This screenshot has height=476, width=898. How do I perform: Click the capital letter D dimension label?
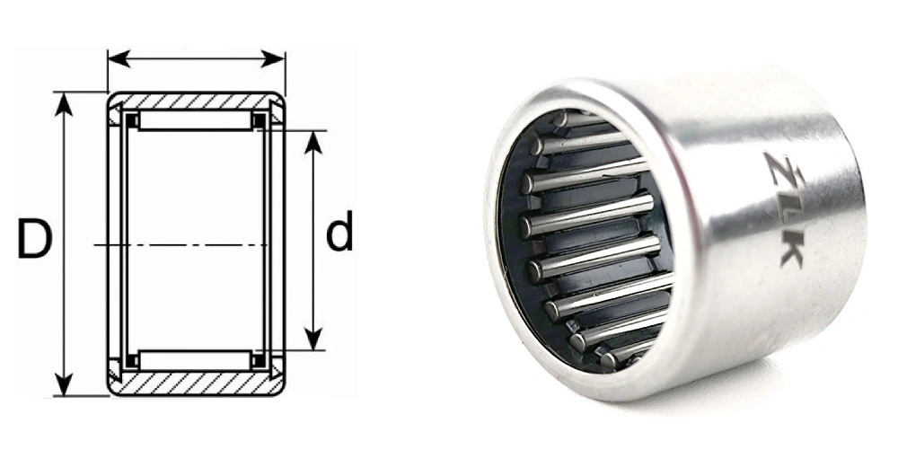[x=34, y=238]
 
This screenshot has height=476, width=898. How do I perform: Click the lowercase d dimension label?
[x=339, y=231]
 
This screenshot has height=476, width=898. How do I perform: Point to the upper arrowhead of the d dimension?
[x=313, y=142]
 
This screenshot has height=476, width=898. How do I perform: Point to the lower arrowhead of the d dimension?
[x=313, y=339]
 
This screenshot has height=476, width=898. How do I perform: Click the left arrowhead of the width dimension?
[x=119, y=58]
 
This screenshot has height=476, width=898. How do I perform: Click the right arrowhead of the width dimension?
[x=273, y=58]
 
